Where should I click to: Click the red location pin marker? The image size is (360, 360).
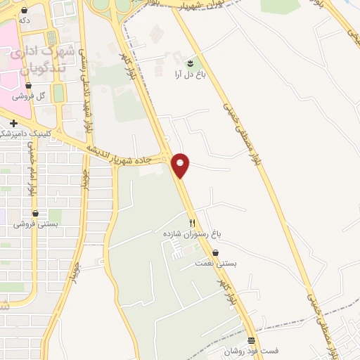[181, 165]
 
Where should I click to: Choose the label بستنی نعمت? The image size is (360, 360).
[216, 264]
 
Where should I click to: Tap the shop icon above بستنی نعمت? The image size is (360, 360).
[215, 252]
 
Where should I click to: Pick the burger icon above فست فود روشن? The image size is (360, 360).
[251, 340]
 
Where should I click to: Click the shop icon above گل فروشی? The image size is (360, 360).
[29, 84]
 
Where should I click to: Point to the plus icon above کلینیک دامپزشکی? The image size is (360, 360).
[13, 123]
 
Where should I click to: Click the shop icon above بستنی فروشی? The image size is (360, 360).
[35, 213]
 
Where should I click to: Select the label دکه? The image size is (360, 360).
[25, 21]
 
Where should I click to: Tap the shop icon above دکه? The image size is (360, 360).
[25, 11]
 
